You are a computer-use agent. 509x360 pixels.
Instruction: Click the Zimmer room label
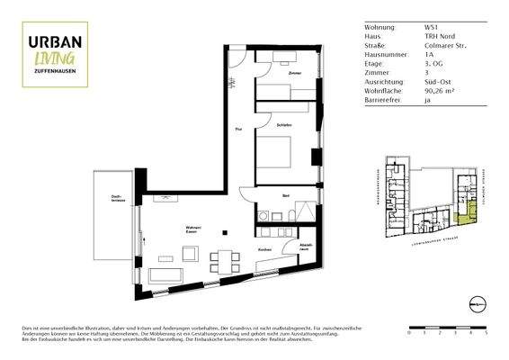pos(295,72)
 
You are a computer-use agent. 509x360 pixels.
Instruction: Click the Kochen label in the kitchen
pos(265,249)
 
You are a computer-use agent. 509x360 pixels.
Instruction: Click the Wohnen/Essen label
pos(192,229)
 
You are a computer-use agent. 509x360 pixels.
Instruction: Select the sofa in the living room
pos(167,274)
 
